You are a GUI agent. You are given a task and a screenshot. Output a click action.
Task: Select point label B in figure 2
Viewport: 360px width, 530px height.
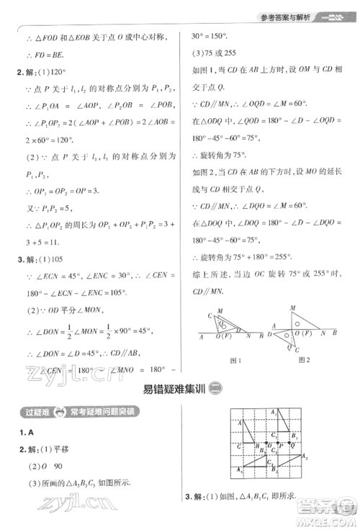[338, 333]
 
